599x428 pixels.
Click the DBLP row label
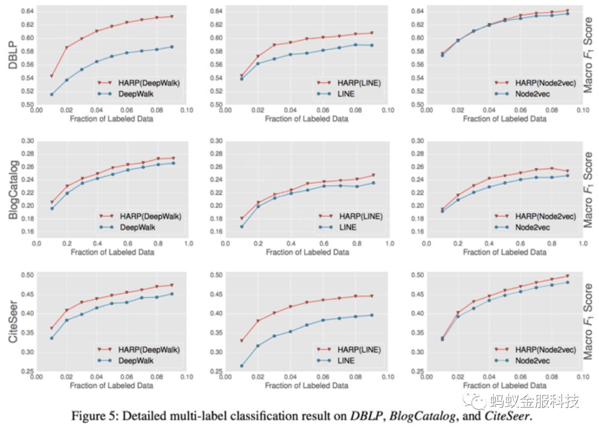12,58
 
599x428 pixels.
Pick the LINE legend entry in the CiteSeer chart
347,360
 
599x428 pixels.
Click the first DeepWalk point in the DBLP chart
52,94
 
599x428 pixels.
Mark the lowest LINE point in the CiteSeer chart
241,365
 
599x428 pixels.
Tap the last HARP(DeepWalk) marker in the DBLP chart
171,17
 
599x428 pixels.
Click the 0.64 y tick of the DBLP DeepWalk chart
27,11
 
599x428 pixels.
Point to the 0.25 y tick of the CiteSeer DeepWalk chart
27,371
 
